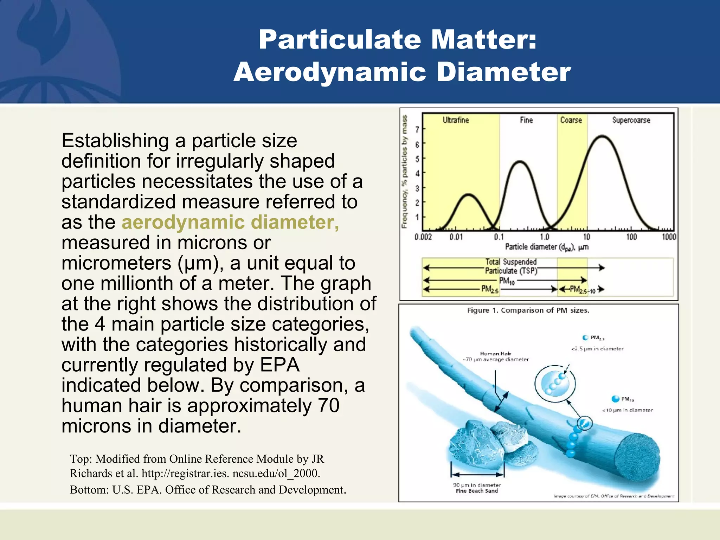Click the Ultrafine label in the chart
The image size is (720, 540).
click(456, 120)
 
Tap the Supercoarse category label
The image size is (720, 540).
click(631, 120)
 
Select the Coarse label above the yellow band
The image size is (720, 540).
click(571, 120)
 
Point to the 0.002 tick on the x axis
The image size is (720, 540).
click(423, 237)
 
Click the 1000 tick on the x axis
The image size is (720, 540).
click(669, 237)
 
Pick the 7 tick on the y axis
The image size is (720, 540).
click(417, 130)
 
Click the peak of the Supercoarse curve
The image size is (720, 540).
click(603, 136)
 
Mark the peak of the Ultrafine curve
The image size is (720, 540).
click(468, 194)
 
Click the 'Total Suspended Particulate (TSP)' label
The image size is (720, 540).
click(511, 266)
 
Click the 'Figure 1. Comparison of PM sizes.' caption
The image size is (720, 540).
click(528, 310)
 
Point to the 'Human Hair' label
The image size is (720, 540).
click(496, 354)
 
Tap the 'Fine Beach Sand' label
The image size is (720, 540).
click(477, 491)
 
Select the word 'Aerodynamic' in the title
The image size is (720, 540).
click(330, 72)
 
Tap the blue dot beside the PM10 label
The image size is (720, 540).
click(615, 399)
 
